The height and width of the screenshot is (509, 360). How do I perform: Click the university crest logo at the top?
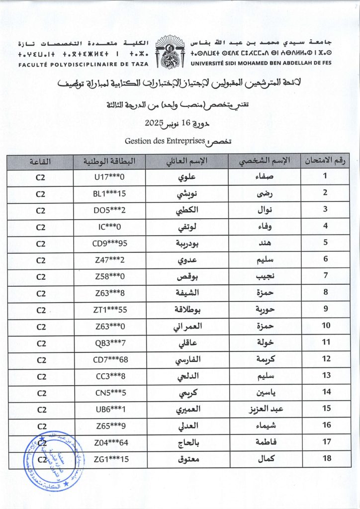click(171, 51)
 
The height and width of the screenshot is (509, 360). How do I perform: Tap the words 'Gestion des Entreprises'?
click(165, 141)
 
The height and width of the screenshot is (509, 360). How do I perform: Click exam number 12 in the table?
click(325, 359)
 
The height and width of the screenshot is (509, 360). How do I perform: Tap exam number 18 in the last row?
click(325, 459)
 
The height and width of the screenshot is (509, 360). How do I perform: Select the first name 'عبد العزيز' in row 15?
click(264, 410)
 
